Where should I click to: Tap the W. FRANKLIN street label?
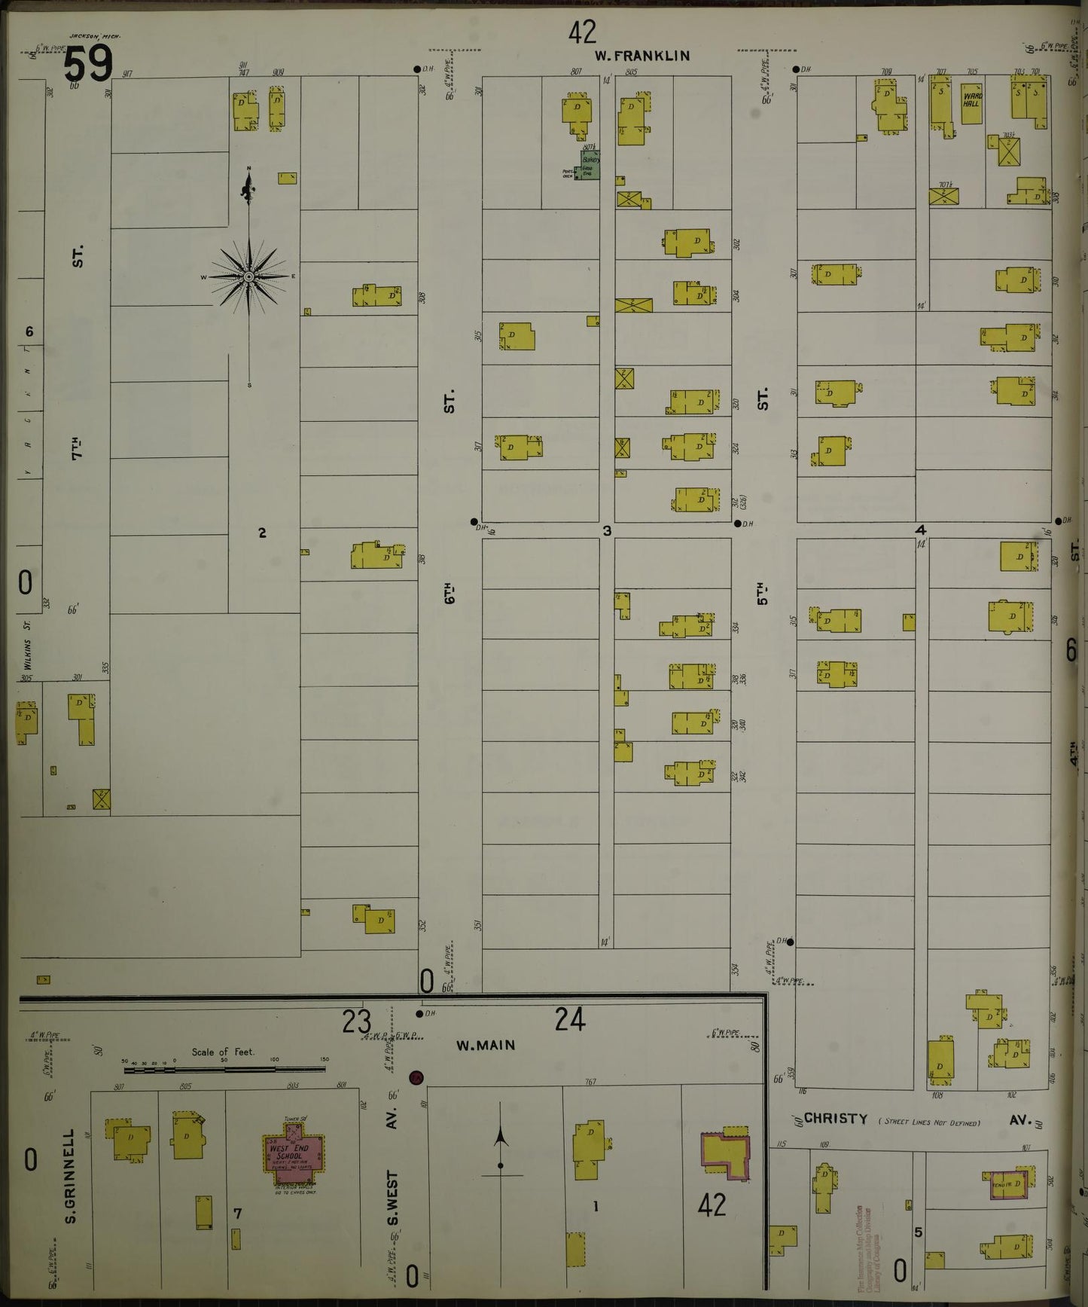pos(642,56)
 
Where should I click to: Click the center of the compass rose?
pos(248,276)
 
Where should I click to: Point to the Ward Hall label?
pos(971,99)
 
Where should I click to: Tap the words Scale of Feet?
pos(223,1052)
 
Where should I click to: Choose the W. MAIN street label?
pos(486,1045)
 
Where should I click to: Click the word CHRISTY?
pos(836,1119)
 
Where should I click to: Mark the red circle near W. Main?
pos(415,1078)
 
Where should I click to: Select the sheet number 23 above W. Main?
pos(356,1022)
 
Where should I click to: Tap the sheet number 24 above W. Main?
pos(569,1020)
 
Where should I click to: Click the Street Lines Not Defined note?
pos(929,1122)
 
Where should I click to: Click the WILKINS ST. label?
pos(26,645)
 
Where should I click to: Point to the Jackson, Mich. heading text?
pos(94,35)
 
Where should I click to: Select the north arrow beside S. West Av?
pos(501,1138)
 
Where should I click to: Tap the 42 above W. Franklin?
pos(582,32)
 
